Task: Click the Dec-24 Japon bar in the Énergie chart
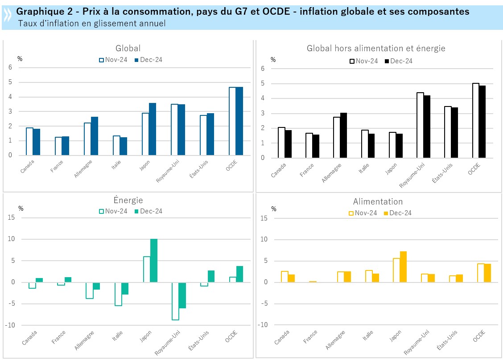154,261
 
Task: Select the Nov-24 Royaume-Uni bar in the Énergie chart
175,301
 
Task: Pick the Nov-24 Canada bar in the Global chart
29,141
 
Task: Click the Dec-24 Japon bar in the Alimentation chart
403,267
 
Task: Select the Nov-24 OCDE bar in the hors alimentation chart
475,120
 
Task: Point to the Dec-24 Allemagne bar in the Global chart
95,136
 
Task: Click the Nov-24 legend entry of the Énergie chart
113,211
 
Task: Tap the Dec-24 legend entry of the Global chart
148,60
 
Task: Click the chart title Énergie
128,200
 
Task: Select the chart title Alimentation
378,202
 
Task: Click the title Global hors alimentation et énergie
376,48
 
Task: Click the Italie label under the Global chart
116,166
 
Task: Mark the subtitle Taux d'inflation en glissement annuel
92,24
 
